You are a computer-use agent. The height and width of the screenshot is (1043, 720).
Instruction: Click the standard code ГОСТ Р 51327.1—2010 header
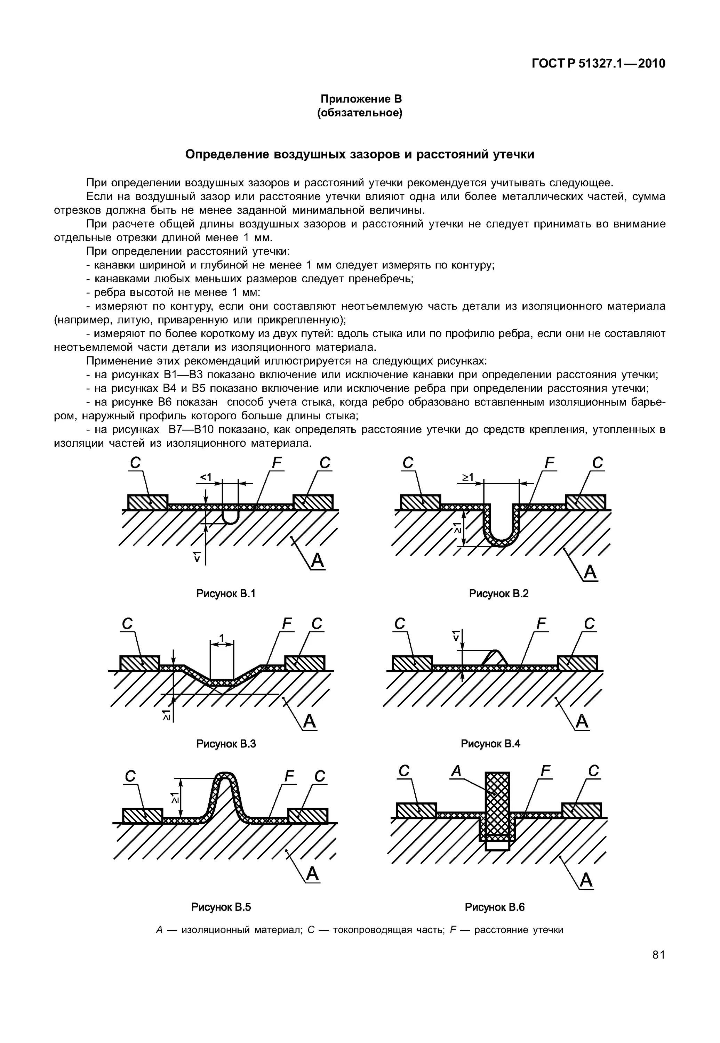coord(598,64)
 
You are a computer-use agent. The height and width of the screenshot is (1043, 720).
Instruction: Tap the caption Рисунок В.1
coord(226,593)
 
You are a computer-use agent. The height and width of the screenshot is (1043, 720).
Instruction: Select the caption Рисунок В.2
coord(498,593)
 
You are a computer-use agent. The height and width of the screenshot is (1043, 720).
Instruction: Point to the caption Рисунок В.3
coord(226,744)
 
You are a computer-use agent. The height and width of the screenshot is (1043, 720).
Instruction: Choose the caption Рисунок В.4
coord(490,744)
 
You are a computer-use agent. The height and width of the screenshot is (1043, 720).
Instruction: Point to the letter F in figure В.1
coord(277,463)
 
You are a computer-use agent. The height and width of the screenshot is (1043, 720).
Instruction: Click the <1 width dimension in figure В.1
coord(206,477)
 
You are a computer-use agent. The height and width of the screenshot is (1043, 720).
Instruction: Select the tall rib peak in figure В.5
coord(225,780)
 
